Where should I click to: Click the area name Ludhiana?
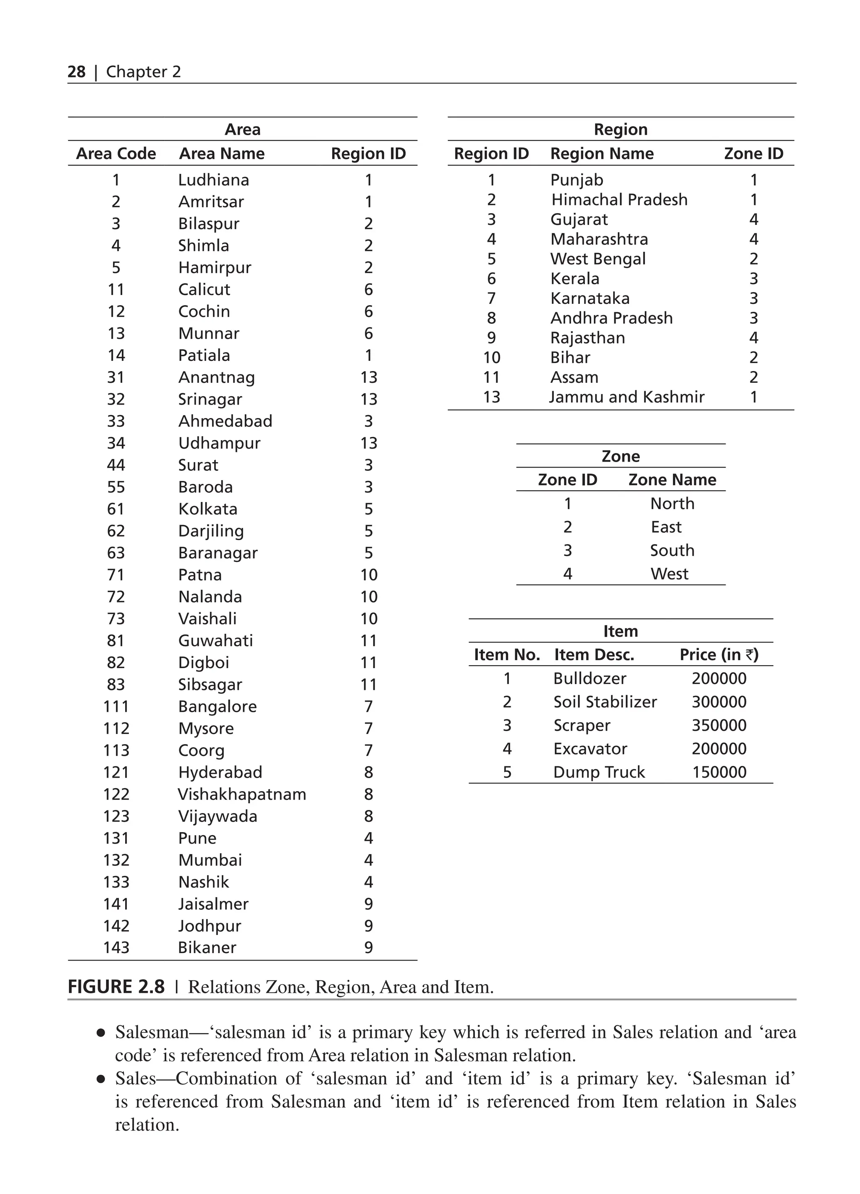(x=213, y=180)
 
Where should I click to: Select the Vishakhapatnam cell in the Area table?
(x=242, y=794)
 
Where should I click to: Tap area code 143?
(x=116, y=947)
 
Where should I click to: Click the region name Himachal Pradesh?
(x=619, y=199)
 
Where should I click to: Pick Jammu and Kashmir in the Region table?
(x=627, y=397)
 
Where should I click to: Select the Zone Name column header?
(x=672, y=480)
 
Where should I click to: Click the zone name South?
(x=672, y=550)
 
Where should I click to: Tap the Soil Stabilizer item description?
(x=605, y=702)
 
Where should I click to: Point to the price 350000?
(x=719, y=726)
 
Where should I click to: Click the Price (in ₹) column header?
(x=719, y=654)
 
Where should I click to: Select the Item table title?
(x=620, y=631)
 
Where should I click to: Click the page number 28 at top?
(x=76, y=72)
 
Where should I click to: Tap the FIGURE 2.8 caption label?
(x=116, y=987)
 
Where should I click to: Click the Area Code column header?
(x=116, y=154)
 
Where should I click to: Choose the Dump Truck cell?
(x=599, y=772)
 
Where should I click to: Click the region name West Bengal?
(x=598, y=259)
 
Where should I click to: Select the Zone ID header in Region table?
(x=753, y=154)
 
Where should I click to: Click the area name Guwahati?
(x=215, y=641)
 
